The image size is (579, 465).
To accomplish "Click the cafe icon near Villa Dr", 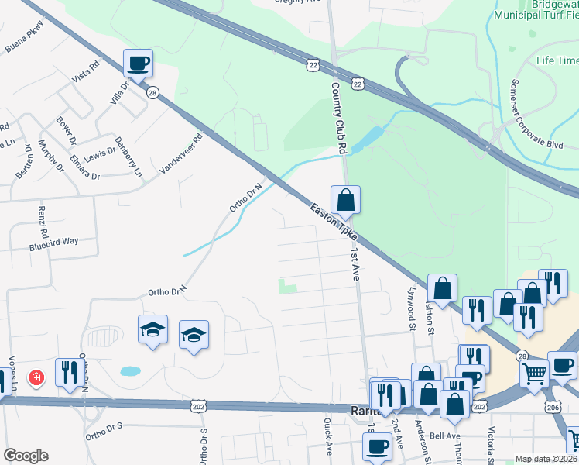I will (x=138, y=63).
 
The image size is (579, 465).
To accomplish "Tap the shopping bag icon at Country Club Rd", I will (x=346, y=199).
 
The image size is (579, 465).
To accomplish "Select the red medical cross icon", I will (x=35, y=379).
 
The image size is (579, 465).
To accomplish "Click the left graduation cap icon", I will (x=152, y=329).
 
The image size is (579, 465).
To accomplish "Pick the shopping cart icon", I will (x=534, y=374).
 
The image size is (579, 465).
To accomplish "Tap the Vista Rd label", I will (x=86, y=74).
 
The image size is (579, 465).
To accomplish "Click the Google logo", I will (x=26, y=456).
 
